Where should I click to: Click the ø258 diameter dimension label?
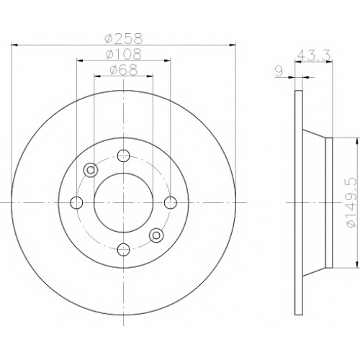pyautogui.click(x=124, y=38)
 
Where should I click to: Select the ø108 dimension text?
pyautogui.click(x=124, y=54)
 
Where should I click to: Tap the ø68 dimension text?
pyautogui.click(x=124, y=70)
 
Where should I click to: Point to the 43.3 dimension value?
pyautogui.click(x=314, y=55)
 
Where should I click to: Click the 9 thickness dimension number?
pyautogui.click(x=279, y=71)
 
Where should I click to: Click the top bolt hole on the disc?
pyautogui.click(x=123, y=156)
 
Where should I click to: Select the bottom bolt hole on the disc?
pyautogui.click(x=123, y=249)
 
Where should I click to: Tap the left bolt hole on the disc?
pyautogui.click(x=77, y=202)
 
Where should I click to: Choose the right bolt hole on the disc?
pyautogui.click(x=170, y=202)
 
